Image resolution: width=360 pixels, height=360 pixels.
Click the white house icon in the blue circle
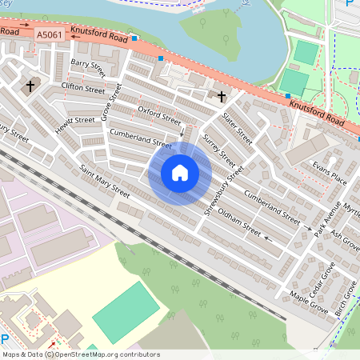(180, 173)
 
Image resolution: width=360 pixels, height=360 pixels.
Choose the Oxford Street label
(159, 115)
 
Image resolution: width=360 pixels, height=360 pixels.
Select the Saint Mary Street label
(105, 182)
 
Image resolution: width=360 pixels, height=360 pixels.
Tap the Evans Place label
(330, 172)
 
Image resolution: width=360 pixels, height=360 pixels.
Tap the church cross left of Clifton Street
(30, 86)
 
